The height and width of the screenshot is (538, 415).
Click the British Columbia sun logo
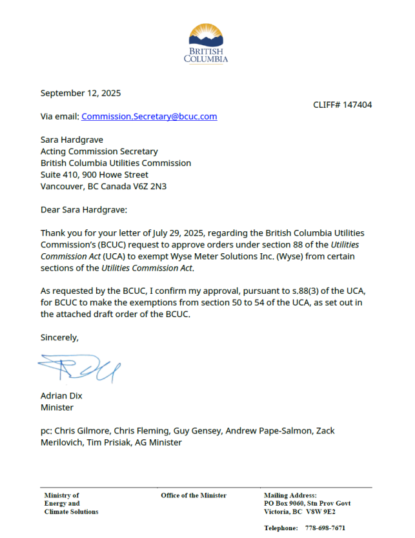pyautogui.click(x=206, y=36)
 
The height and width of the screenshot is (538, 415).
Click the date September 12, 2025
pyautogui.click(x=81, y=93)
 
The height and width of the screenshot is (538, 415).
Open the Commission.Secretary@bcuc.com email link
pyautogui.click(x=149, y=116)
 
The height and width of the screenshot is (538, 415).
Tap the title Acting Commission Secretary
pyautogui.click(x=99, y=152)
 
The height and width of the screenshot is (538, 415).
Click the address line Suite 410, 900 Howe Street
pyautogui.click(x=94, y=175)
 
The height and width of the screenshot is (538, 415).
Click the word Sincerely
pyautogui.click(x=59, y=337)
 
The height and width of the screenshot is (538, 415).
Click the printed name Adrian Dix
pyautogui.click(x=61, y=396)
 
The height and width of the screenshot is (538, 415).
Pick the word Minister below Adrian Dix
pyautogui.click(x=57, y=408)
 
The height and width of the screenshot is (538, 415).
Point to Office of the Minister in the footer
pyautogui.click(x=194, y=495)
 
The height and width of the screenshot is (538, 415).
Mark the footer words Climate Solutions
pyautogui.click(x=71, y=512)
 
